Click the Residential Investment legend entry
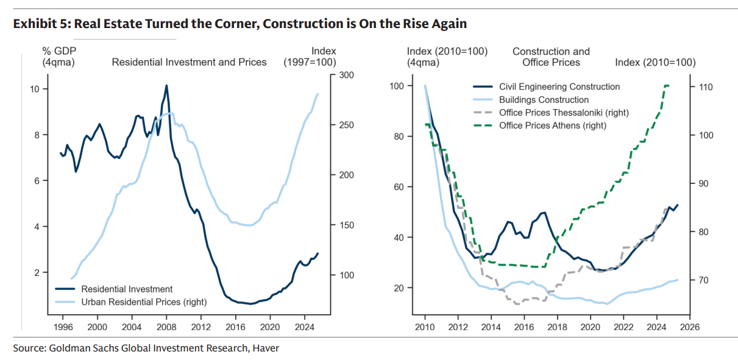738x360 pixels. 126,289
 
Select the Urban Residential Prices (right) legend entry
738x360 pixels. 143,302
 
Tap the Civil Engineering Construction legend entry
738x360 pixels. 559,87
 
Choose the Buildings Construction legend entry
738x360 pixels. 544,100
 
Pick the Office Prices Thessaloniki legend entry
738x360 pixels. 563,113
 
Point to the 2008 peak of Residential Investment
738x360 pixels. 166,85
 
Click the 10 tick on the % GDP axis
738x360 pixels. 35,89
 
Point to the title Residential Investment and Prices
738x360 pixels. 189,62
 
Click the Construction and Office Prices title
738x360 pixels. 551,57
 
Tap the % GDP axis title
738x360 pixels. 59,56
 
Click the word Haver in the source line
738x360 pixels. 267,348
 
